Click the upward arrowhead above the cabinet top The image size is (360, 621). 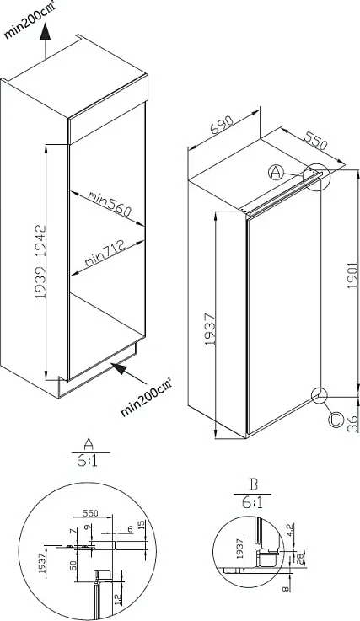tap(45, 31)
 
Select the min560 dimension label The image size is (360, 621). tap(109, 204)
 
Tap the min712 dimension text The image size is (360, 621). tap(105, 252)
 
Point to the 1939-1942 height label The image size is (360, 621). tap(40, 262)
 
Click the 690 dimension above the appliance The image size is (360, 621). tap(222, 126)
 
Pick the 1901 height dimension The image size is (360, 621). tap(353, 275)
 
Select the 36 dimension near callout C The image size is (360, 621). tap(353, 424)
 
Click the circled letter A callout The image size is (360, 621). tap(276, 173)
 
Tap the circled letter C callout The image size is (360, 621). tap(336, 420)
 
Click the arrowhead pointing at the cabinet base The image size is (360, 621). tap(120, 369)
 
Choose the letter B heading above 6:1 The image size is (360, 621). tap(253, 484)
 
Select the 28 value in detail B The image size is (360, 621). tap(300, 558)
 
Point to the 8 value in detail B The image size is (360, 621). tap(286, 589)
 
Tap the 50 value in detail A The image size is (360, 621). tap(73, 565)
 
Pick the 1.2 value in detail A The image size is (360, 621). tap(117, 598)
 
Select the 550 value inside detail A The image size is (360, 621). tap(90, 513)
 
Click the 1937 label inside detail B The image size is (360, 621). tap(239, 549)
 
